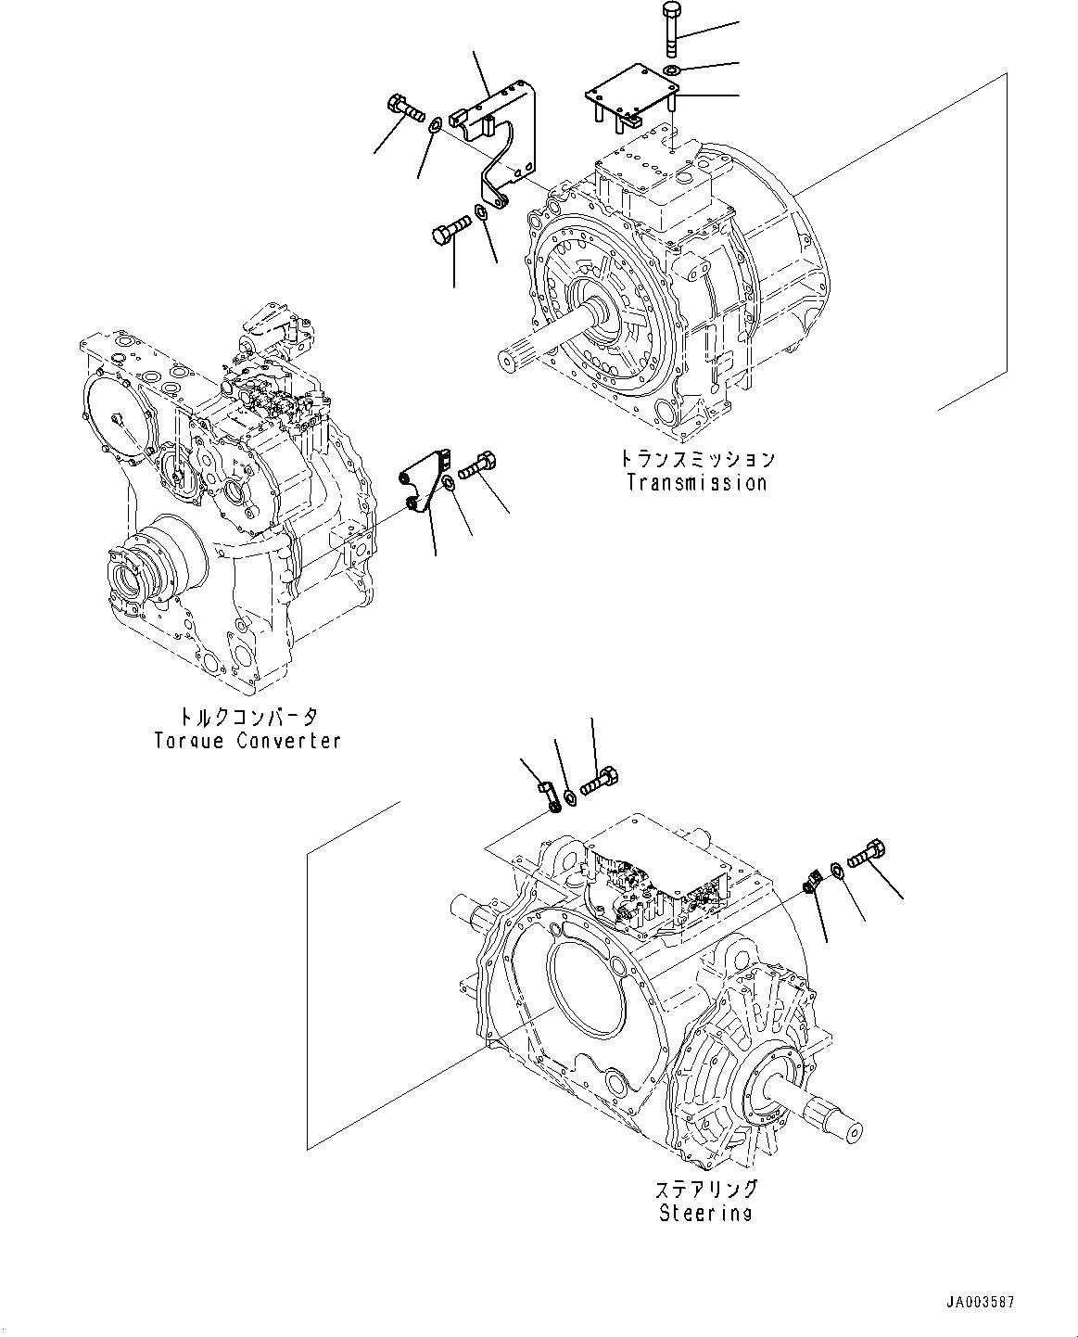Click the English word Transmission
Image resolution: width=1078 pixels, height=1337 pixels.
[696, 483]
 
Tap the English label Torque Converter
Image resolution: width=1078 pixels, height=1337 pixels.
[247, 741]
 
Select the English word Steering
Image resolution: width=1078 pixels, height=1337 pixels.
[704, 1214]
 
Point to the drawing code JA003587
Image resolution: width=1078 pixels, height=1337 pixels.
[981, 1302]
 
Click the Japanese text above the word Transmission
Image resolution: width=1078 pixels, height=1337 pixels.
[696, 459]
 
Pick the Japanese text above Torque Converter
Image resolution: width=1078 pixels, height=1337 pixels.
[247, 717]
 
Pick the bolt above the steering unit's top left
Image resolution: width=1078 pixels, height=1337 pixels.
[600, 781]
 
